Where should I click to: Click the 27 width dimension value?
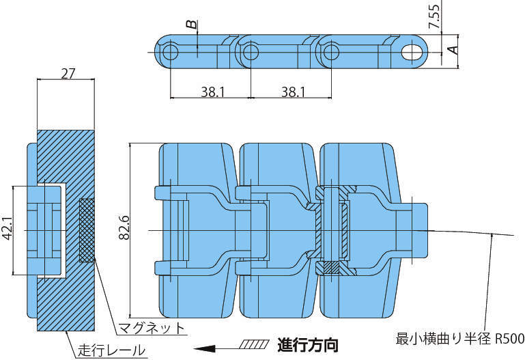click(x=68, y=73)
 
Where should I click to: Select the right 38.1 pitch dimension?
click(x=292, y=91)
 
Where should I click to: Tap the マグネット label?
click(x=152, y=328)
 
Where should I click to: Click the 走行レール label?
click(x=111, y=351)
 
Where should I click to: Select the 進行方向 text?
click(x=307, y=344)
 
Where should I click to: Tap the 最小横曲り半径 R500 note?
click(x=459, y=337)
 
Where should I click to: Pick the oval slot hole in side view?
click(x=411, y=52)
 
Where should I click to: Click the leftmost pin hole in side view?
click(x=171, y=52)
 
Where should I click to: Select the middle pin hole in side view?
click(x=251, y=52)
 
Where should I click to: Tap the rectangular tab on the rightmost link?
click(x=421, y=230)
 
